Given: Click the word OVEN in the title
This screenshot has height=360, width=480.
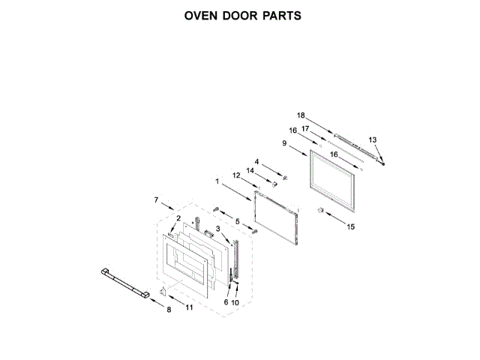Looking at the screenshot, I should [202, 16].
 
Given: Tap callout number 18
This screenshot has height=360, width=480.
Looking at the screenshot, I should [301, 115].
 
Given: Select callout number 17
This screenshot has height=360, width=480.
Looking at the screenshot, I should [305, 128].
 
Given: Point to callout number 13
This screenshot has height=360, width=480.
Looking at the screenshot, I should [373, 139].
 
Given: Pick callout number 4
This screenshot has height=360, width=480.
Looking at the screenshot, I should [256, 161].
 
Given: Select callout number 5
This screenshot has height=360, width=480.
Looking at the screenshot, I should [238, 221].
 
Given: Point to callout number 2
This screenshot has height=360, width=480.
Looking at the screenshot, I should [178, 218].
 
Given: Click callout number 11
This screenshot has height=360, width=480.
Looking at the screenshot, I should [188, 307].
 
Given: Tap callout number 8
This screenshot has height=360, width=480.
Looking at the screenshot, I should [168, 310].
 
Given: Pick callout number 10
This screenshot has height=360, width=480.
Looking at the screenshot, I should [235, 302].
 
